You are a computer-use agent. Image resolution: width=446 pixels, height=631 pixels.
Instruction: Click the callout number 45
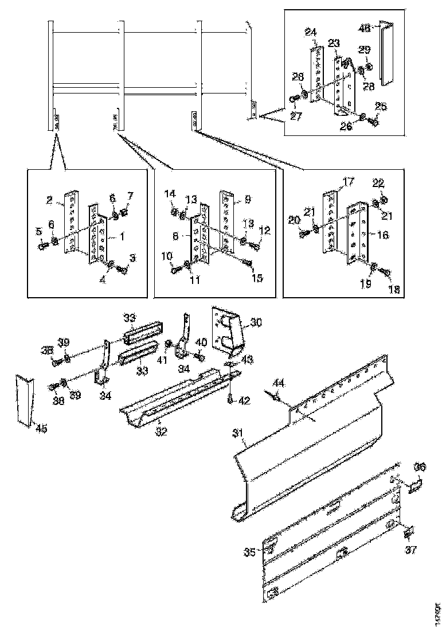click(41, 428)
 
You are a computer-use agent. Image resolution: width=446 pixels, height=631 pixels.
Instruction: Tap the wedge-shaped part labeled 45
click(24, 400)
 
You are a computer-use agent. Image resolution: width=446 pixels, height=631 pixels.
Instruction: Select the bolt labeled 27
click(293, 99)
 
